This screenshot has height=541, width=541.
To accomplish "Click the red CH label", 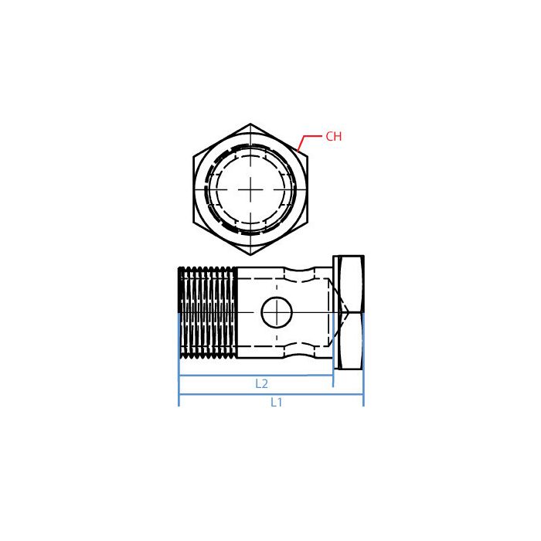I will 333,137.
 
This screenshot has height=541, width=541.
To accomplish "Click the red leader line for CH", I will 306,139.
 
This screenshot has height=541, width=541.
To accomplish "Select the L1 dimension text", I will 277,403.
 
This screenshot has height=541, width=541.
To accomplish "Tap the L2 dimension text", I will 261,383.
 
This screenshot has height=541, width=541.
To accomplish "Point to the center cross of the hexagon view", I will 250,189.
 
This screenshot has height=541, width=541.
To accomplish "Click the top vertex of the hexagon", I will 250,124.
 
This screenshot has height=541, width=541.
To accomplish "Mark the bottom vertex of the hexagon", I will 250,255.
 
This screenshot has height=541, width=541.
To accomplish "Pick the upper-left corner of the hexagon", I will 193,156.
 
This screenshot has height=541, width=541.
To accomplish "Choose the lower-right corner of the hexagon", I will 308,223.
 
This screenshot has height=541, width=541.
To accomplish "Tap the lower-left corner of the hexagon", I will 193,223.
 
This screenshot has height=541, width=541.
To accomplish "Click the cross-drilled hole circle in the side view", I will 274,313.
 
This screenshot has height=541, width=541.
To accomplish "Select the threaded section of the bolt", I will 207,313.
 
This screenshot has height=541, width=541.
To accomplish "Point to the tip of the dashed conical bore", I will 349,313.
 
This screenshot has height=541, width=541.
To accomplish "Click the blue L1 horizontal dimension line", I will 232,394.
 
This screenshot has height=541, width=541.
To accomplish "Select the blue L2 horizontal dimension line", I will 216,376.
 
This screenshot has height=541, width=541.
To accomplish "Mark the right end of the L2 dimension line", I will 332,376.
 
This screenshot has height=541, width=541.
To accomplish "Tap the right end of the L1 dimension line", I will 362,394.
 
